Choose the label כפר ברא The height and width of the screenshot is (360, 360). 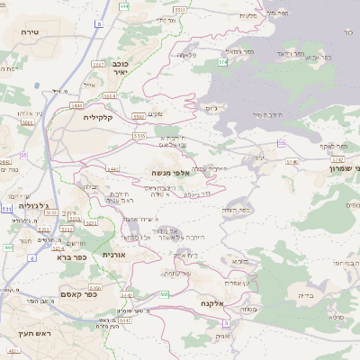click(69, 256)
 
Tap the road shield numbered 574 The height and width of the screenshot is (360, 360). click(222, 62)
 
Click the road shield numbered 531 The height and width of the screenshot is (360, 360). click(7, 209)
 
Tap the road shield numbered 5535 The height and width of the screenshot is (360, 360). click(139, 135)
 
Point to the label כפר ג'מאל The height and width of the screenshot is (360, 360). click(237, 53)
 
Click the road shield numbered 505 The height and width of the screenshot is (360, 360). click(164, 294)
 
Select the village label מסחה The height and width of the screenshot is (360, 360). click(249, 309)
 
